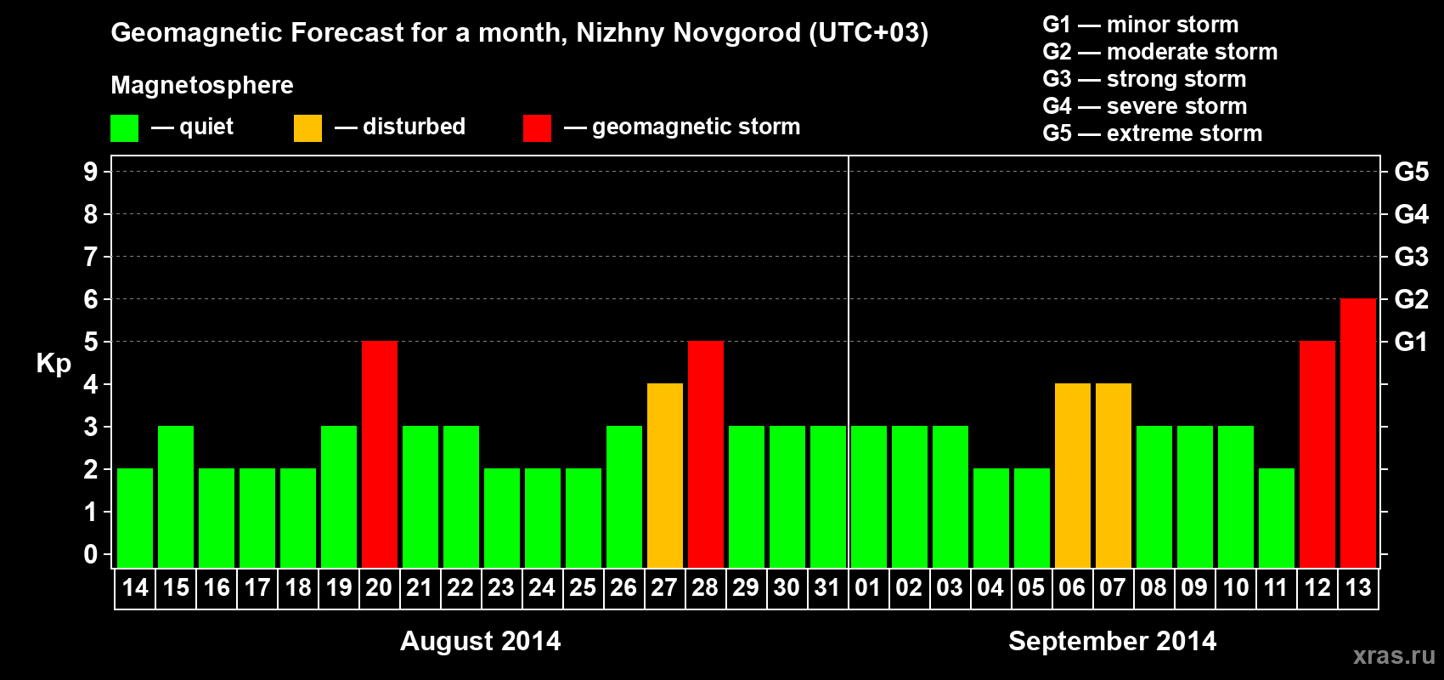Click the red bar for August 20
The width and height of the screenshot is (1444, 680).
(380, 454)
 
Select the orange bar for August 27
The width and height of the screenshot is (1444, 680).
(665, 475)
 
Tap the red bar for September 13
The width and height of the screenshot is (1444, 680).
(1358, 433)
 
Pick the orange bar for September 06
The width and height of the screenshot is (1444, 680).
(1073, 475)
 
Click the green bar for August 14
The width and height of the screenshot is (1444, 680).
(135, 518)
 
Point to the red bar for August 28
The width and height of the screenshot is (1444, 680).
(706, 454)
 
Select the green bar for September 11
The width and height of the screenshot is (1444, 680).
(1277, 518)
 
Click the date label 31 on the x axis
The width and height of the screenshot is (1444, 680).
(827, 587)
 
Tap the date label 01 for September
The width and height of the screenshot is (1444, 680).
(868, 587)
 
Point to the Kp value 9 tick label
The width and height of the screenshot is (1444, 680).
(91, 172)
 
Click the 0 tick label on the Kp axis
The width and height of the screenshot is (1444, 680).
(91, 554)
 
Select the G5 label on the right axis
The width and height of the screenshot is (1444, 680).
(1411, 172)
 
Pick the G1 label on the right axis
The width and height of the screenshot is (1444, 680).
(1411, 342)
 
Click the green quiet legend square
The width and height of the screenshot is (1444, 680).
(125, 128)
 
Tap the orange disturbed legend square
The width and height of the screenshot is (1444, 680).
(307, 128)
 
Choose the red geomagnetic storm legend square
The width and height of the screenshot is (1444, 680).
(537, 128)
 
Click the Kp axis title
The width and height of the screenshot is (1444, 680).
(54, 363)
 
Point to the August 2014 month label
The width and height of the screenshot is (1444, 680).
(480, 641)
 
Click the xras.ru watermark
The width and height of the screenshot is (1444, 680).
(1393, 655)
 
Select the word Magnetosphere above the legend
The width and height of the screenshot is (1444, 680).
(202, 85)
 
